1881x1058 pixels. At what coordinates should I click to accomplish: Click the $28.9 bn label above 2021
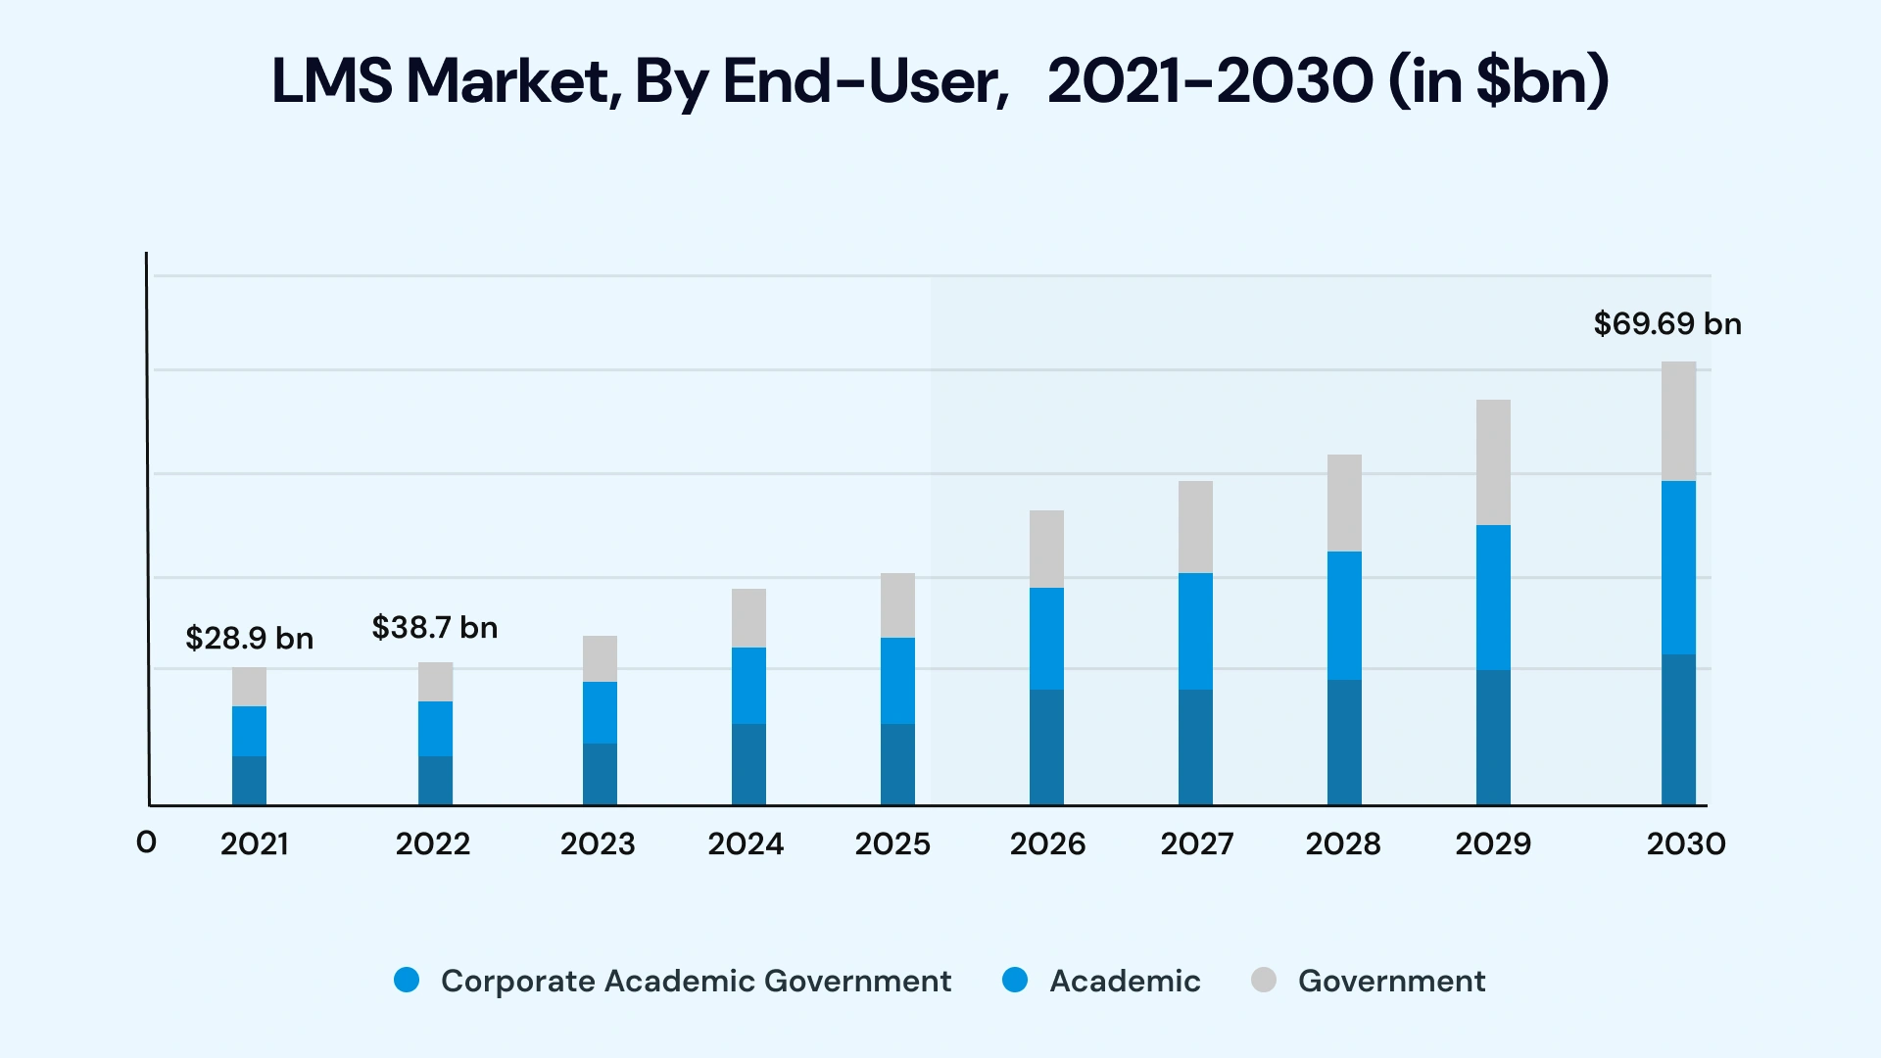(249, 639)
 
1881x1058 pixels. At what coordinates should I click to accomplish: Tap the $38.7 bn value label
(434, 628)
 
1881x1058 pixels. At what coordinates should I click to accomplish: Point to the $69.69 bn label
(1666, 324)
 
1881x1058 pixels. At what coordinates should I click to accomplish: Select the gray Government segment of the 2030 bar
(1678, 421)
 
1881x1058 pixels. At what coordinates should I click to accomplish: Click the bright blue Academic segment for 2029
(1493, 598)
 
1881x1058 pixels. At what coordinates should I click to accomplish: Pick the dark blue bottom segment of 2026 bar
(1046, 746)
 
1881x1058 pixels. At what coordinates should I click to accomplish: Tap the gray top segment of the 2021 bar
(249, 687)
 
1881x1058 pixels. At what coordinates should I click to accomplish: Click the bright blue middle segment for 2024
(748, 686)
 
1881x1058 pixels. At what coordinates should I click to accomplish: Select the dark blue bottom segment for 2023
(600, 774)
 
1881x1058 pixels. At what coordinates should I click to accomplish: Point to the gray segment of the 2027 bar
(1195, 527)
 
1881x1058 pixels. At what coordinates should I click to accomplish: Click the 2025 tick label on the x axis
(892, 844)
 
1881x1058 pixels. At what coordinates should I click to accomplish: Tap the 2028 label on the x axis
(1342, 844)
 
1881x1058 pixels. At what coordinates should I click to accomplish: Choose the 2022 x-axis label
(432, 844)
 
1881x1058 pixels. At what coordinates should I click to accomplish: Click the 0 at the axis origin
(146, 842)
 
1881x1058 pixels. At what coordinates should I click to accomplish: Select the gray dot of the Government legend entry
(1264, 980)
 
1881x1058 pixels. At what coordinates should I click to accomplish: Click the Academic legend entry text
(1125, 981)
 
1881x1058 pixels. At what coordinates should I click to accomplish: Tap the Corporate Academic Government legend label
(696, 981)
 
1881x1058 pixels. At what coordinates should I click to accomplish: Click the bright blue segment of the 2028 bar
(1344, 615)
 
